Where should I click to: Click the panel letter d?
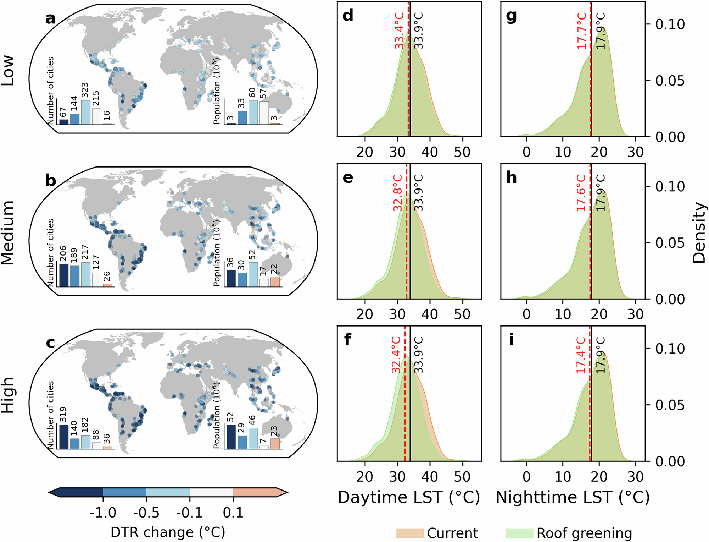click(x=348, y=16)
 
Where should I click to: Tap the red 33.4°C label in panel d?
click(x=400, y=31)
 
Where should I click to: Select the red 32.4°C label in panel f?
click(x=396, y=355)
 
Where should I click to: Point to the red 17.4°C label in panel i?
click(x=581, y=355)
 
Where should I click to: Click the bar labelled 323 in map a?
click(x=85, y=112)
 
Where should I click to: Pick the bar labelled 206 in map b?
click(x=64, y=275)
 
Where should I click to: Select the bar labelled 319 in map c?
click(x=64, y=437)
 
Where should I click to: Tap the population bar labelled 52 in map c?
click(x=231, y=437)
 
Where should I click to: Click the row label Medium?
click(x=8, y=232)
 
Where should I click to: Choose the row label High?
click(x=8, y=395)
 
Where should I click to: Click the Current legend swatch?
click(x=410, y=533)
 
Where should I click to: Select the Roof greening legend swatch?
click(x=519, y=533)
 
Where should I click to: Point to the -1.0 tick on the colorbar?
click(x=103, y=513)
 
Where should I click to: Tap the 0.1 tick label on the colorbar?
click(x=233, y=513)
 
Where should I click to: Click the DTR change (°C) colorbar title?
click(x=168, y=532)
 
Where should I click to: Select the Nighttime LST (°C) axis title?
click(x=573, y=497)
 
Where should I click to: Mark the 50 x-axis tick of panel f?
click(x=462, y=476)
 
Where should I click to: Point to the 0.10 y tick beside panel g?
click(x=670, y=24)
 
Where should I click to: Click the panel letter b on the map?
click(x=51, y=181)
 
